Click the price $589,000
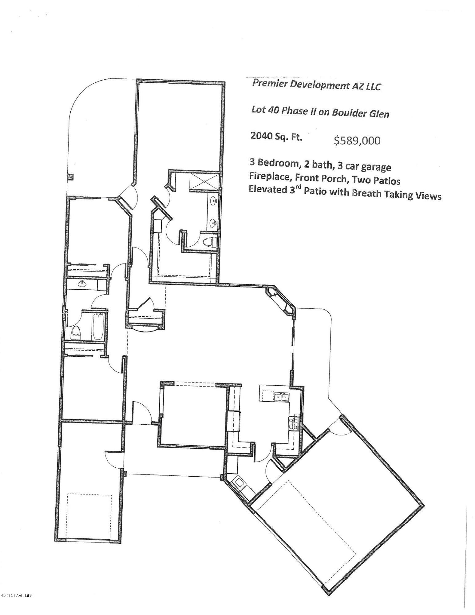[x=357, y=141]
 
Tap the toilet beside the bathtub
[x=76, y=332]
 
